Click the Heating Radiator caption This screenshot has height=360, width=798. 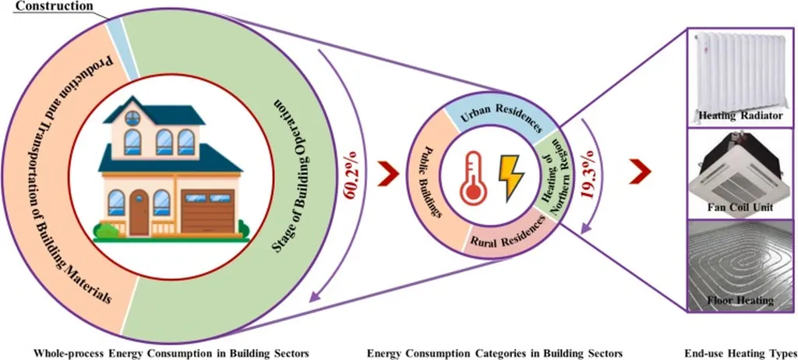pyautogui.click(x=740, y=116)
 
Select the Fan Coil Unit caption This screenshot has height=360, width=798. pyautogui.click(x=740, y=206)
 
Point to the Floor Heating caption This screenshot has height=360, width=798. pyautogui.click(x=740, y=299)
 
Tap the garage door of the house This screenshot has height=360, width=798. pyautogui.click(x=208, y=211)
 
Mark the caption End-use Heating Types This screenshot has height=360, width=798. pyautogui.click(x=740, y=353)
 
